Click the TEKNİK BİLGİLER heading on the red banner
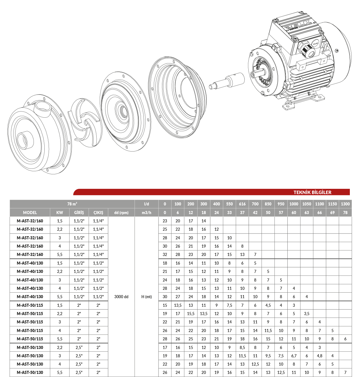click(x=312, y=192)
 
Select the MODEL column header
click(x=30, y=213)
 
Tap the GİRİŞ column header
click(x=79, y=213)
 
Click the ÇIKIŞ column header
click(x=98, y=213)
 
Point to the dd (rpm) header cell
click(x=121, y=213)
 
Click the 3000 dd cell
click(x=121, y=297)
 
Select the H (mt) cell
click(x=146, y=297)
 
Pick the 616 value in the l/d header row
click(x=242, y=204)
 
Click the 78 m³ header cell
click(x=72, y=204)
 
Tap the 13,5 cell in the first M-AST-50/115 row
click(x=178, y=305)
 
